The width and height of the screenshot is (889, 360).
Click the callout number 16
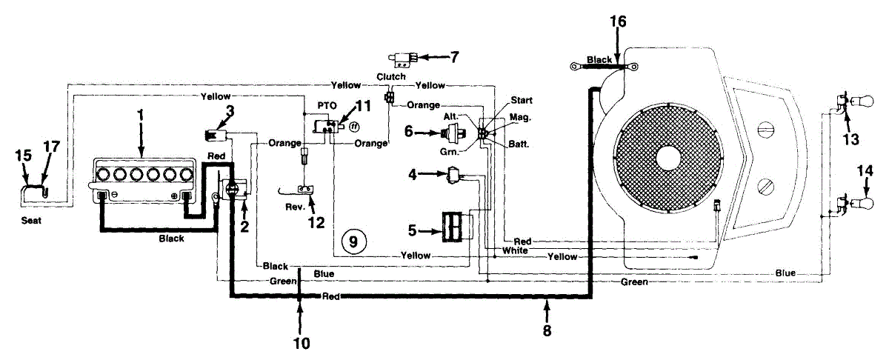(x=618, y=21)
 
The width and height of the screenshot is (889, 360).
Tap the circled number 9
(x=353, y=241)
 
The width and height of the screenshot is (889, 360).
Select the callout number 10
(x=302, y=343)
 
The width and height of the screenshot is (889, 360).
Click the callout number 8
(x=547, y=330)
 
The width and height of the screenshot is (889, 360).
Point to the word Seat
(x=31, y=220)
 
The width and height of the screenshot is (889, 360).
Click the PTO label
(x=327, y=106)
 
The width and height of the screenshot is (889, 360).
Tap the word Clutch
(x=391, y=76)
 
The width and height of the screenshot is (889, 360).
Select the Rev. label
(x=295, y=207)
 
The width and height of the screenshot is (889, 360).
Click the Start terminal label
(x=522, y=100)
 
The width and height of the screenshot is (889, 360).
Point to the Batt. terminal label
(x=519, y=144)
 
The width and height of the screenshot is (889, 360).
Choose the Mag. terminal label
(x=520, y=118)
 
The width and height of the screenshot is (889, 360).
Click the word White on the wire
(x=515, y=250)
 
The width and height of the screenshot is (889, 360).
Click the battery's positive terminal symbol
(x=174, y=196)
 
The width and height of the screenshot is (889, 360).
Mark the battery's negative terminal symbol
(x=114, y=195)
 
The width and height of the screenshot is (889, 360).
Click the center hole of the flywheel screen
(x=668, y=159)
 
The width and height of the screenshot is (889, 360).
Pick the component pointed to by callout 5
(x=453, y=227)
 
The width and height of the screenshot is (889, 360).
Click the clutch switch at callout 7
(x=403, y=59)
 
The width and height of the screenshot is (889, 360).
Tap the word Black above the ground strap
(x=599, y=59)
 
